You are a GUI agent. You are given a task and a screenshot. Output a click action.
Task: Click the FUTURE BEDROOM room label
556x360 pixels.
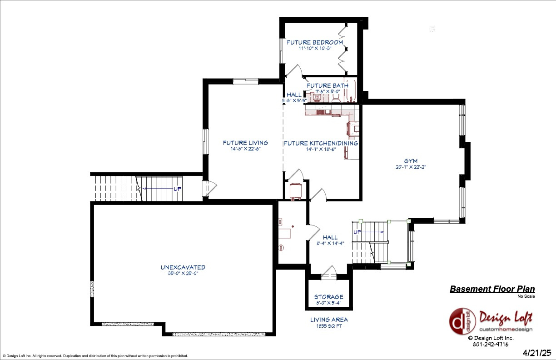(315, 42)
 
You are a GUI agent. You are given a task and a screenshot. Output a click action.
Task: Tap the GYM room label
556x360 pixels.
(411, 161)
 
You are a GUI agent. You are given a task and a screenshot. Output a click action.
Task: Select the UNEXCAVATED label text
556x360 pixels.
(183, 267)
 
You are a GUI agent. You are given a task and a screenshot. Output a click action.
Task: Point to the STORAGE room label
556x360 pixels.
(328, 297)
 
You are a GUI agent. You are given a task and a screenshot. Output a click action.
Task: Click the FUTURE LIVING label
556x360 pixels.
(245, 143)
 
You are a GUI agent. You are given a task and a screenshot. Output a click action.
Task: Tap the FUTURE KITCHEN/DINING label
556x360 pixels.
(321, 143)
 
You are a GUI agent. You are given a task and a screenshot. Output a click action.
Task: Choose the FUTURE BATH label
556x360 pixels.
(328, 85)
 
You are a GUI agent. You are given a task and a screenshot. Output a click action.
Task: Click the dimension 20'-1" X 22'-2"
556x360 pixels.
(411, 167)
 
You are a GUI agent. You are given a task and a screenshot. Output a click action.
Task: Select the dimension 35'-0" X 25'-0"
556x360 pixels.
(183, 273)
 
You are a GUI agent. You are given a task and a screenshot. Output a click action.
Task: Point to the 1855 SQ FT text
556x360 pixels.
(329, 326)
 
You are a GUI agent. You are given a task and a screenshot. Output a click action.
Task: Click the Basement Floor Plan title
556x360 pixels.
(492, 289)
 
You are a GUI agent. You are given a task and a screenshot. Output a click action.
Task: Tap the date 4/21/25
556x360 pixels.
(536, 353)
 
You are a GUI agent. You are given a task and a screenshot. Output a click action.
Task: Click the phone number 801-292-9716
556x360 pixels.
(490, 344)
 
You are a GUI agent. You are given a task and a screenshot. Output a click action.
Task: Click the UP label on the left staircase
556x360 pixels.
(178, 189)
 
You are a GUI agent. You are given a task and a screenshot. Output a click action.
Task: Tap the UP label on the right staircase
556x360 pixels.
(357, 232)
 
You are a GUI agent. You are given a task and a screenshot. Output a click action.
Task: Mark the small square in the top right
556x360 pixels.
(432, 30)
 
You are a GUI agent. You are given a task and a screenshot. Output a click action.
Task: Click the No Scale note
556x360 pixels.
(526, 296)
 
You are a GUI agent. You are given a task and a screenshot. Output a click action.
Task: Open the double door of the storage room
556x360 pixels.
(328, 275)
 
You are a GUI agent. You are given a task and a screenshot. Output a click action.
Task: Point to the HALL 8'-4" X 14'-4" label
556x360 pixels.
(330, 240)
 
